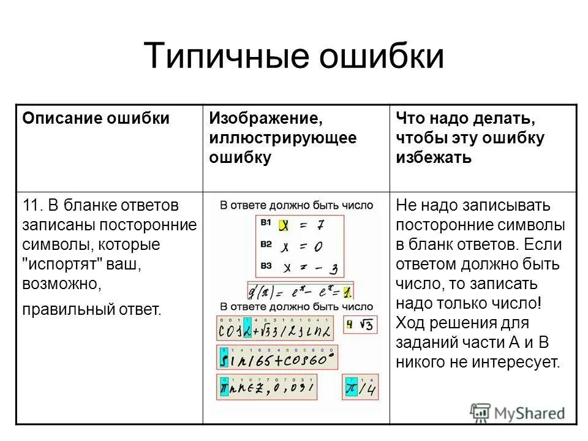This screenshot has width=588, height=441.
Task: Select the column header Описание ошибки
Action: pos(96,118)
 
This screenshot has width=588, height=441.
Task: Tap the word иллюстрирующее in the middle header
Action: pos(282,138)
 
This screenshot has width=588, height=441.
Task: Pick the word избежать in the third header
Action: pos(434,157)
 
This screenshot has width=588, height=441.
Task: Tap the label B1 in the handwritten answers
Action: pos(265,223)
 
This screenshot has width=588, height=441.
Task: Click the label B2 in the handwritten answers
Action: pos(265,244)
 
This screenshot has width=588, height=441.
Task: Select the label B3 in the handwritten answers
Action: pos(265,265)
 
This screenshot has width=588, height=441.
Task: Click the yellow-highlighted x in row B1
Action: pos(284,225)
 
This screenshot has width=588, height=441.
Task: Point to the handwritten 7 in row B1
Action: pos(320,225)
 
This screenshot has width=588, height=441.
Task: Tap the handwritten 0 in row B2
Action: pos(320,247)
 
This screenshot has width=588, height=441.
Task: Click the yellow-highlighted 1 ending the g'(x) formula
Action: pos(347,291)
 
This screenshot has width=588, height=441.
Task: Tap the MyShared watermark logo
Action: pos(518,413)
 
